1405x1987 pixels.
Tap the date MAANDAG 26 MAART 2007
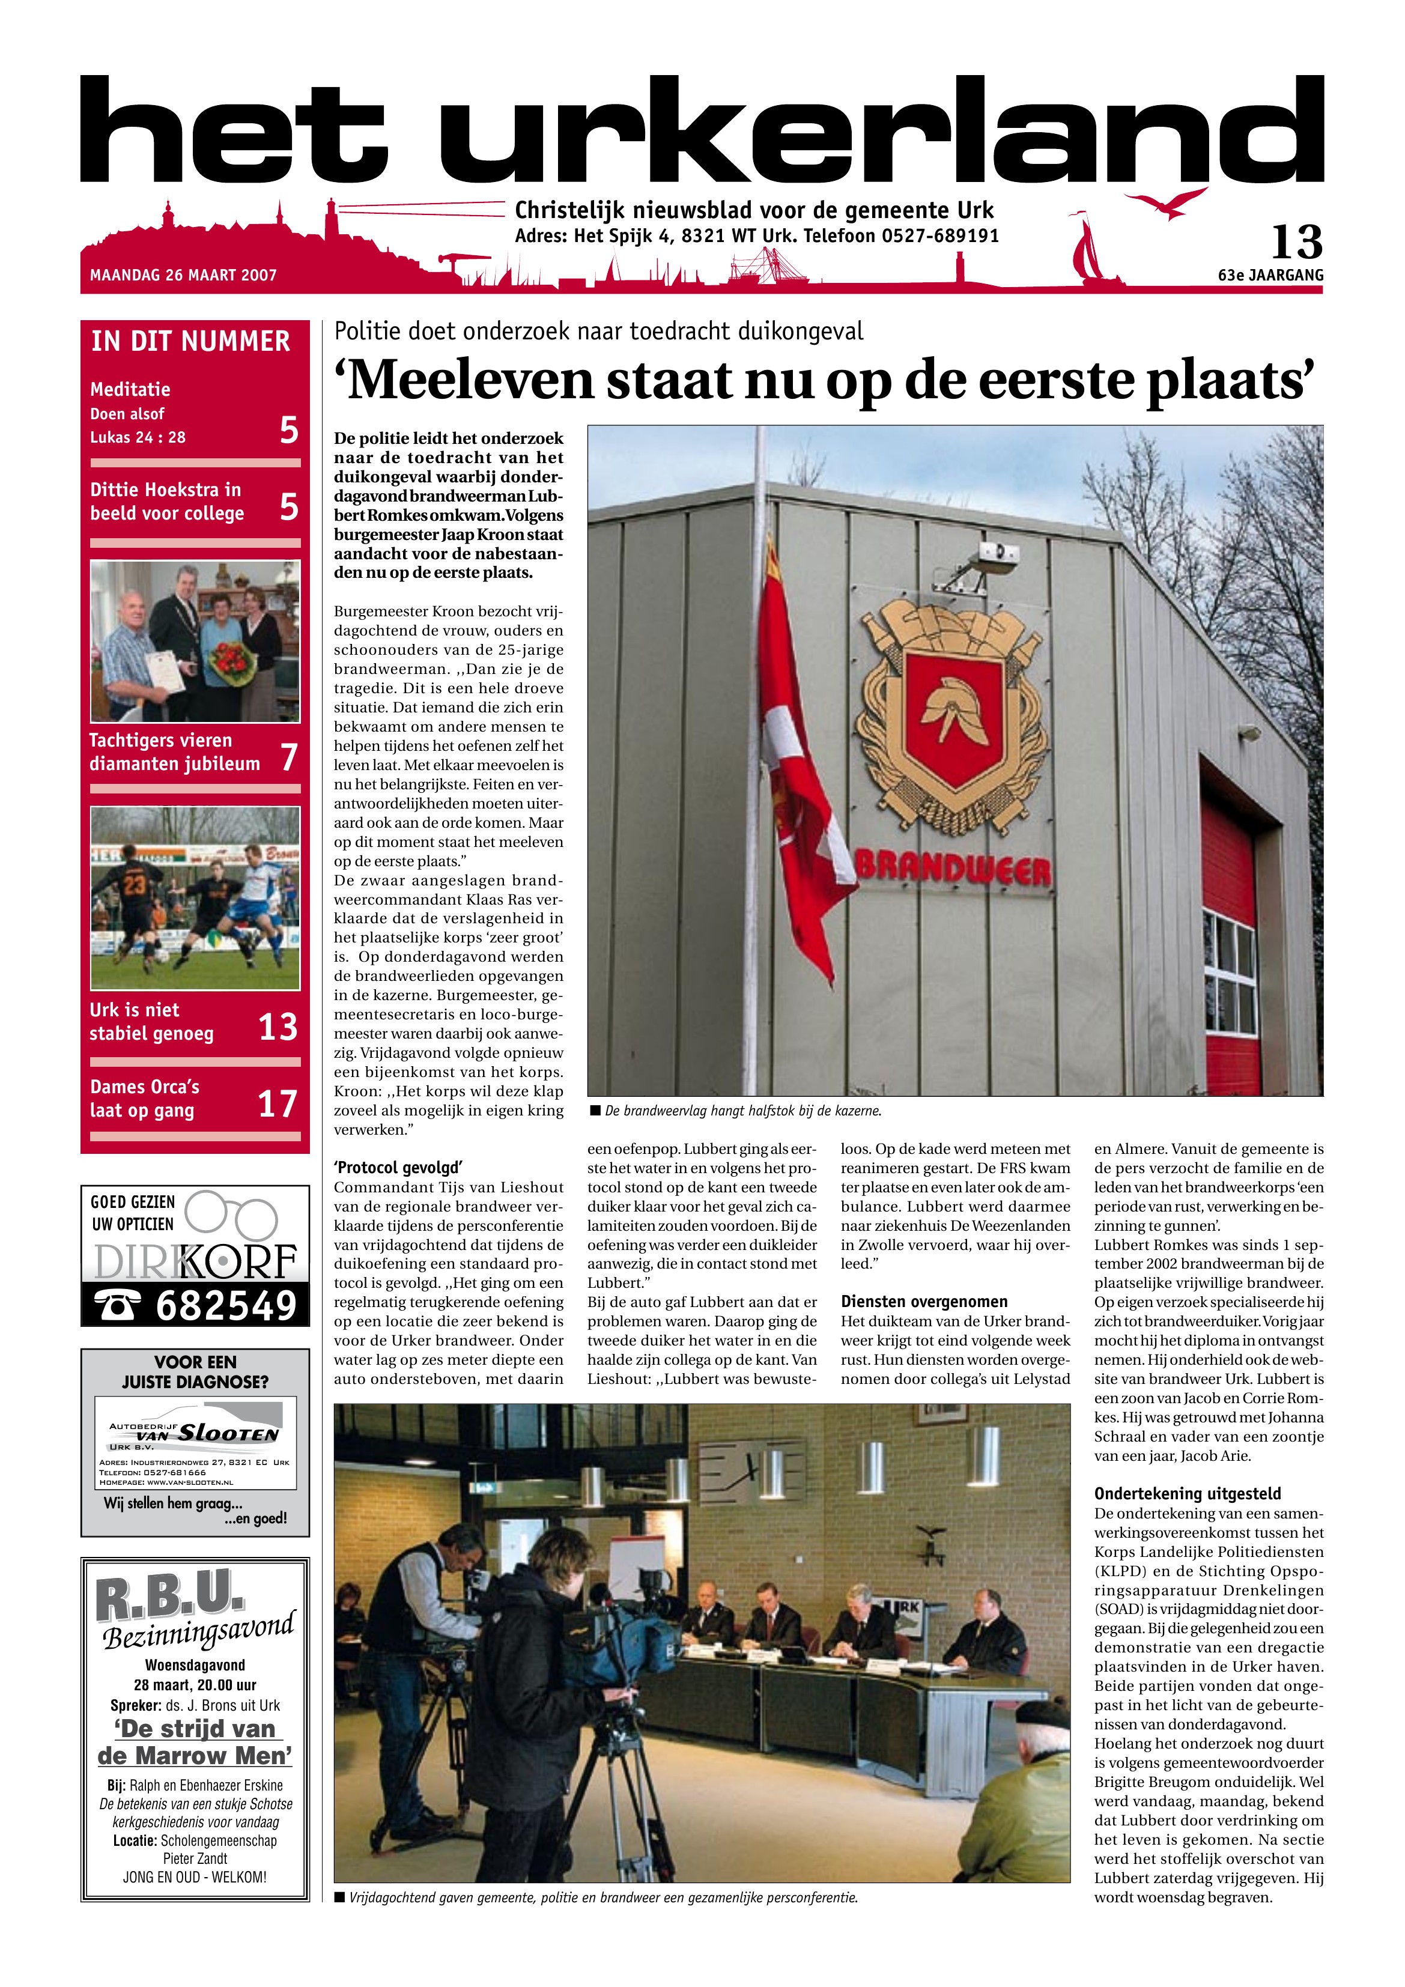pyautogui.click(x=184, y=275)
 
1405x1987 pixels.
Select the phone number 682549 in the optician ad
pyautogui.click(x=225, y=1306)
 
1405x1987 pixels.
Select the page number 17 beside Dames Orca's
pyautogui.click(x=278, y=1104)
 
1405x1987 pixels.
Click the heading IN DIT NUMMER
pyautogui.click(x=190, y=341)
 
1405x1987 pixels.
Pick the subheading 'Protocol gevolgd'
pyautogui.click(x=398, y=1168)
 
